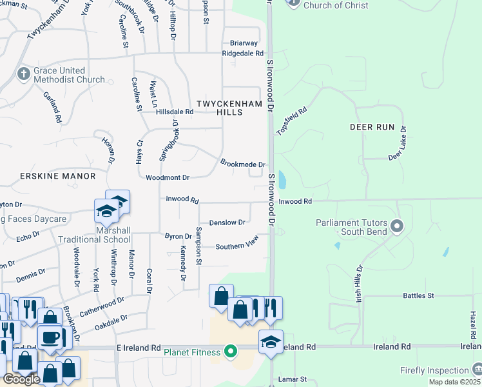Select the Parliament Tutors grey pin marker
[x=397, y=226]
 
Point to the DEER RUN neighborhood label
[x=371, y=127]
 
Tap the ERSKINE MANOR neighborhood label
[x=57, y=176]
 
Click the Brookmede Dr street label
[x=242, y=164]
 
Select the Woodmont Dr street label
[x=167, y=177]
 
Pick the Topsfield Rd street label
[x=292, y=121]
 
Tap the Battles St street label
[x=418, y=296]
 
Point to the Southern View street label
[x=236, y=246]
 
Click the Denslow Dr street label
[x=227, y=223]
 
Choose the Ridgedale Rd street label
[x=242, y=54]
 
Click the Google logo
[x=21, y=379]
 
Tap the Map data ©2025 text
[x=454, y=382]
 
